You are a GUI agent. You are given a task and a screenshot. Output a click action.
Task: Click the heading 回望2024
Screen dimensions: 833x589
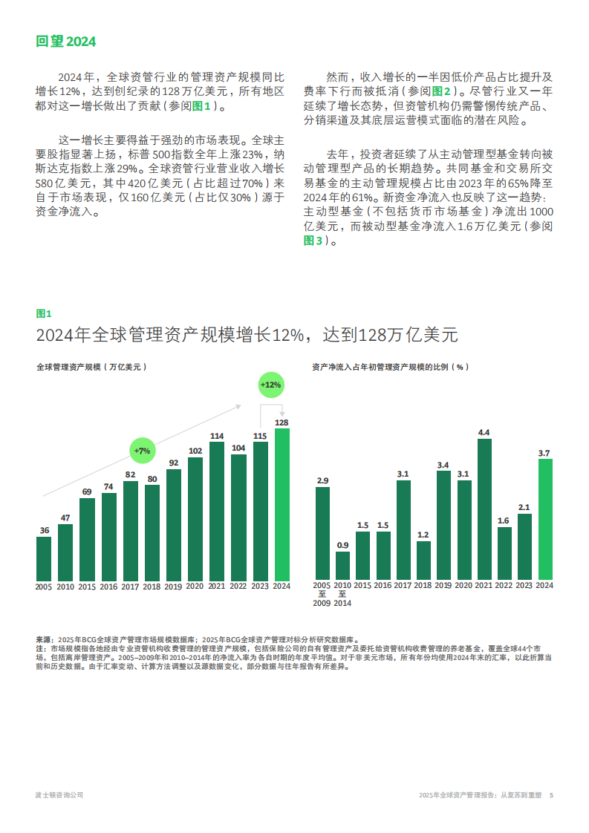pos(66,42)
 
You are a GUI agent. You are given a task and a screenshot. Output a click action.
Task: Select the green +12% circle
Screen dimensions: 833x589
pos(270,385)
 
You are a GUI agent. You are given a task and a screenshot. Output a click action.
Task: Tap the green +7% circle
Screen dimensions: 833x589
pos(142,451)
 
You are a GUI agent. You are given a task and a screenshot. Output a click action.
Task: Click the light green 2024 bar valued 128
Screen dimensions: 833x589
pos(282,504)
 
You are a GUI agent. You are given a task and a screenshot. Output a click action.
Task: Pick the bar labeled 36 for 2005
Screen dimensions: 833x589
pos(44,558)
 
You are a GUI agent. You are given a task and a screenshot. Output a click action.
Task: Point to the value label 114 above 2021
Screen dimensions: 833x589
pos(217,436)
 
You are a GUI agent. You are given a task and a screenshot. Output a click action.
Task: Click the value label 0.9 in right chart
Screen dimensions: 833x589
pos(342,545)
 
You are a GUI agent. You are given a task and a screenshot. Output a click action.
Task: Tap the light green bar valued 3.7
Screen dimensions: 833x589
pos(544,519)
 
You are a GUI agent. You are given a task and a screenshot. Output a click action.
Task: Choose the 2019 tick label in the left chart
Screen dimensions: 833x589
pos(173,587)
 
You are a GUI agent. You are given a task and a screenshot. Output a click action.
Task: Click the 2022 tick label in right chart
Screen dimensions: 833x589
pos(504,585)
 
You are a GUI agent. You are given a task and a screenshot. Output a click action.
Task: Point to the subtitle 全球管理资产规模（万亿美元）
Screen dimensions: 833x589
pos(92,367)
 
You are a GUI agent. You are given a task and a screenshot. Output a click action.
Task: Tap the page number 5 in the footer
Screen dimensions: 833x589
pos(551,794)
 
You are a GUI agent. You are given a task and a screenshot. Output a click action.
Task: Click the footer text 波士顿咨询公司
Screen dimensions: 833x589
pos(59,794)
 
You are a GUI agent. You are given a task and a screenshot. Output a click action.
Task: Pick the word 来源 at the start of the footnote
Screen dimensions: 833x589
pos(44,638)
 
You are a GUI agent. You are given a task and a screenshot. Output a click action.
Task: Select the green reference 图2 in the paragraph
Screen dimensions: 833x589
pos(441,91)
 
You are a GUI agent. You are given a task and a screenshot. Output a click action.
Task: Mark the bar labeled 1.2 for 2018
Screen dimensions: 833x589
pos(423,561)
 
